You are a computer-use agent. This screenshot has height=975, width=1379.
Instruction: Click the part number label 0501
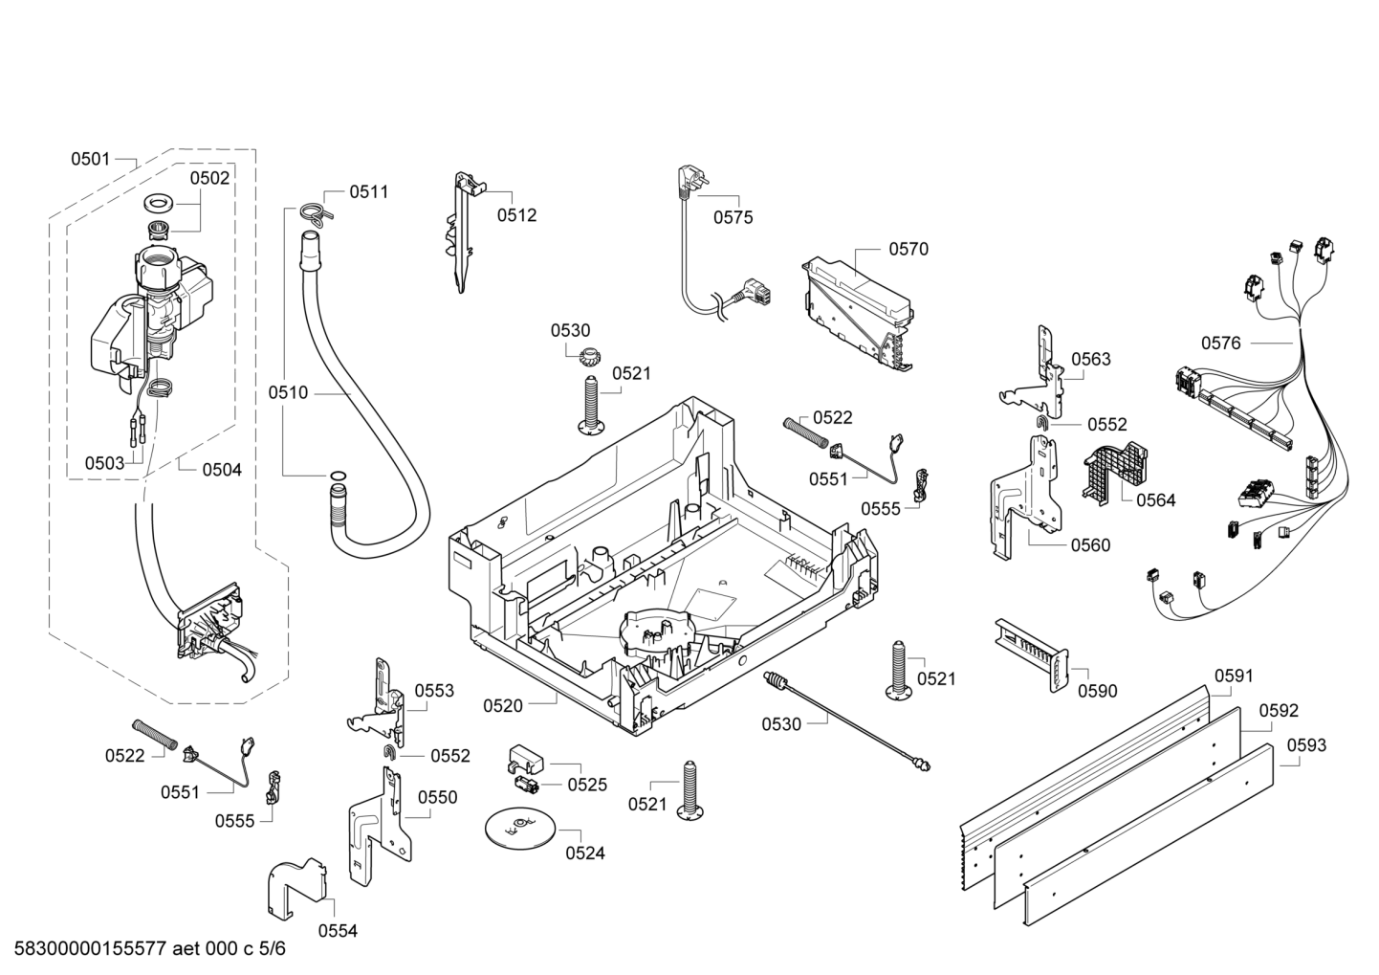[x=91, y=160]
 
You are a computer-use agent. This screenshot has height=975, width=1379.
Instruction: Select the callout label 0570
[x=908, y=250]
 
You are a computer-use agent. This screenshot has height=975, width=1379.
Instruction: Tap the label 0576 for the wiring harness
[x=1221, y=343]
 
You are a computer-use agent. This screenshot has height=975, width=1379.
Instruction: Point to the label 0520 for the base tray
[x=503, y=706]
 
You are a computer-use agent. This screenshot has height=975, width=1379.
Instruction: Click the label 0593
[x=1306, y=745]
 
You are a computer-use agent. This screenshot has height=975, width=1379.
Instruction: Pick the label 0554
[x=338, y=931]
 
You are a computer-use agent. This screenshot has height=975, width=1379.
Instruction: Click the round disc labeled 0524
[x=519, y=828]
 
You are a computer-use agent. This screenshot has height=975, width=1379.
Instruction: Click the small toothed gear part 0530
[x=590, y=354]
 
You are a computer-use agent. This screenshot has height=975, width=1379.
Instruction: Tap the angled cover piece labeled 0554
[x=297, y=888]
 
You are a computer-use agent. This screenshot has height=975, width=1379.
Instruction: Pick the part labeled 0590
[x=1032, y=654]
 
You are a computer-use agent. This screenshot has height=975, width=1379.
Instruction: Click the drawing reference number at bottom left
[x=149, y=948]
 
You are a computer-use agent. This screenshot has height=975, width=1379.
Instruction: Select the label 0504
[x=222, y=470]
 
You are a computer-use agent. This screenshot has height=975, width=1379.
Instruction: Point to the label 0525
[x=587, y=785]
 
